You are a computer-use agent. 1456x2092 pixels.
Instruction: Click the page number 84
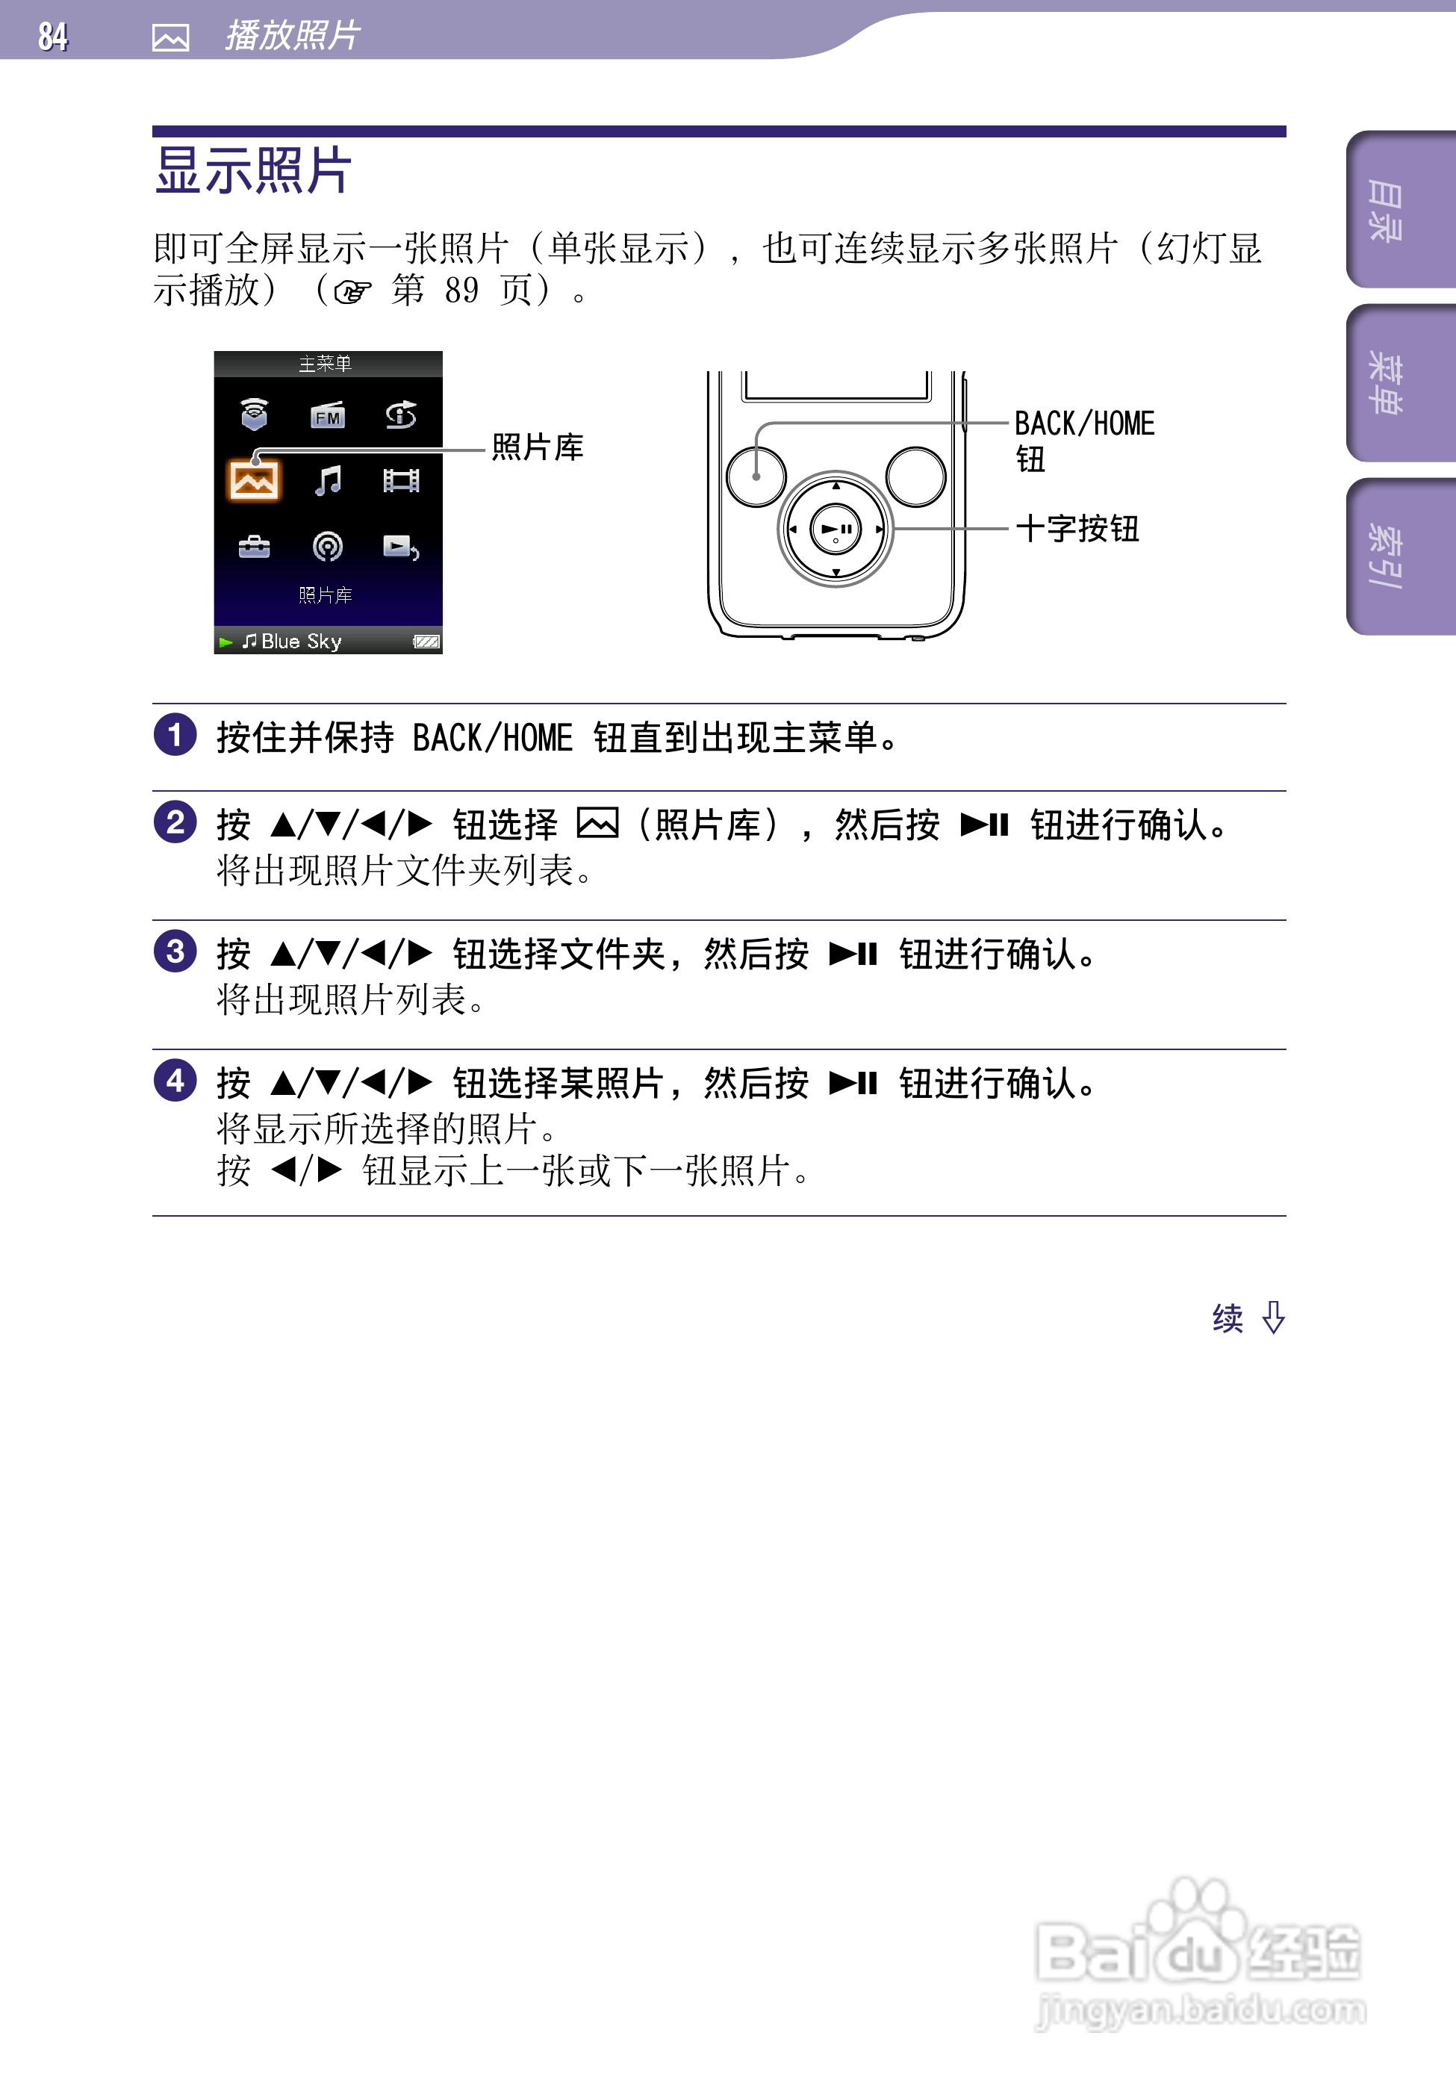click(x=53, y=37)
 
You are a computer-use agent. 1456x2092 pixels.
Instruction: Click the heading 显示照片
click(x=253, y=170)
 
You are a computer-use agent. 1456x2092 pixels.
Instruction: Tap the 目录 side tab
click(x=1386, y=211)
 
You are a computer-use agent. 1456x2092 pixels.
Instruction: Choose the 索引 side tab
click(x=1386, y=556)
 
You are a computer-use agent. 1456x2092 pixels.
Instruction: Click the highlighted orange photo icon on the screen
click(x=253, y=481)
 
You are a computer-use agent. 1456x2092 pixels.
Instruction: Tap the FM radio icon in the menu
click(x=327, y=415)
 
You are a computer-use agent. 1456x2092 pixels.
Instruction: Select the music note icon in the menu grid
click(x=327, y=480)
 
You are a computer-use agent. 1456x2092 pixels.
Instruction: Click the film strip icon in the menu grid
click(x=401, y=480)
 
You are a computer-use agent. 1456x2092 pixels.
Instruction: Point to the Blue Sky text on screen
click(x=301, y=642)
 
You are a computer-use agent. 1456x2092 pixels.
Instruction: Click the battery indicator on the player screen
click(x=426, y=642)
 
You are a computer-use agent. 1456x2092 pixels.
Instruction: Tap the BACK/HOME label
click(x=1083, y=424)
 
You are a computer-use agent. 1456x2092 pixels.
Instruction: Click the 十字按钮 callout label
click(x=1077, y=529)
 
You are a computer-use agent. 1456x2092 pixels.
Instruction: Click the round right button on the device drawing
click(x=915, y=477)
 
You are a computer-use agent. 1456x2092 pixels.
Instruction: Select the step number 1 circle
click(x=175, y=735)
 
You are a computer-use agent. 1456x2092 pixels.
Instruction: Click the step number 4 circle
click(x=175, y=1081)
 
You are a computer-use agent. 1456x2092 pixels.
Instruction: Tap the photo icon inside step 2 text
click(x=598, y=824)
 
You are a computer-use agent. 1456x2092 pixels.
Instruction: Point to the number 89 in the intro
click(x=462, y=291)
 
